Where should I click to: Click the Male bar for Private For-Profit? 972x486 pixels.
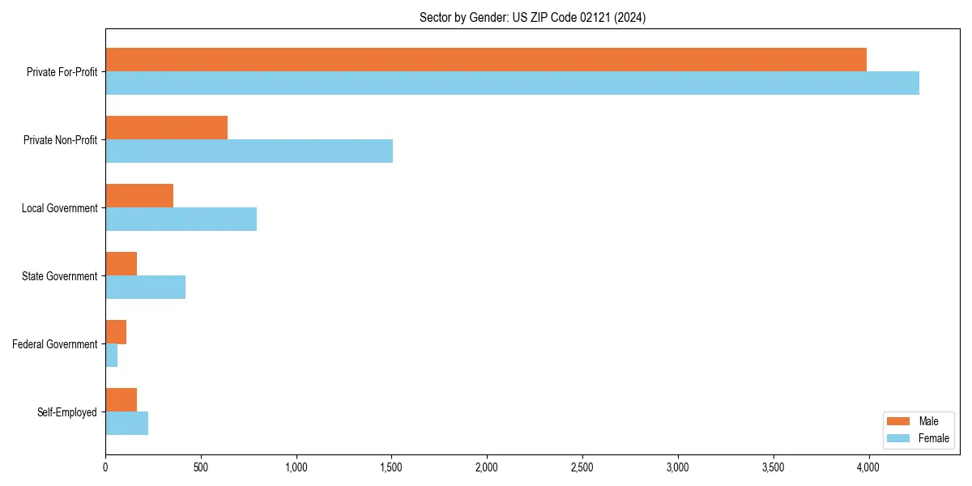point(486,60)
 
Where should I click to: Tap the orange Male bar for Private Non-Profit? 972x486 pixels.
point(166,128)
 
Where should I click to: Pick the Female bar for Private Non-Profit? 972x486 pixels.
point(249,151)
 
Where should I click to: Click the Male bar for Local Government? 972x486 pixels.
point(139,196)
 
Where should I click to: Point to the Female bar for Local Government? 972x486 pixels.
point(181,220)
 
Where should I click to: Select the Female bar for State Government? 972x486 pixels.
point(145,288)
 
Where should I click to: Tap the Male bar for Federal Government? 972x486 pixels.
point(116,332)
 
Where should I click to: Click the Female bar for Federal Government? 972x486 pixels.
point(112,356)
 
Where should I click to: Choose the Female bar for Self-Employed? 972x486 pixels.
point(126,424)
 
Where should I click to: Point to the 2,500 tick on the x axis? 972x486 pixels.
point(582,467)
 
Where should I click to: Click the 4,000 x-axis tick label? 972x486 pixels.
point(868,467)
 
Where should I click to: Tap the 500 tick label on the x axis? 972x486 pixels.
point(201,467)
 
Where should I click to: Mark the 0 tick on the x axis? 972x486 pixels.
point(105,467)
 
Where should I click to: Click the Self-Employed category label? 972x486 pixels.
point(67,412)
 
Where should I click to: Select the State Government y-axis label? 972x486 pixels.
point(60,276)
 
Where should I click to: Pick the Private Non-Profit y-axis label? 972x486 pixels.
point(61,140)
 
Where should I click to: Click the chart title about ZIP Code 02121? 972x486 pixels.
point(532,17)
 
